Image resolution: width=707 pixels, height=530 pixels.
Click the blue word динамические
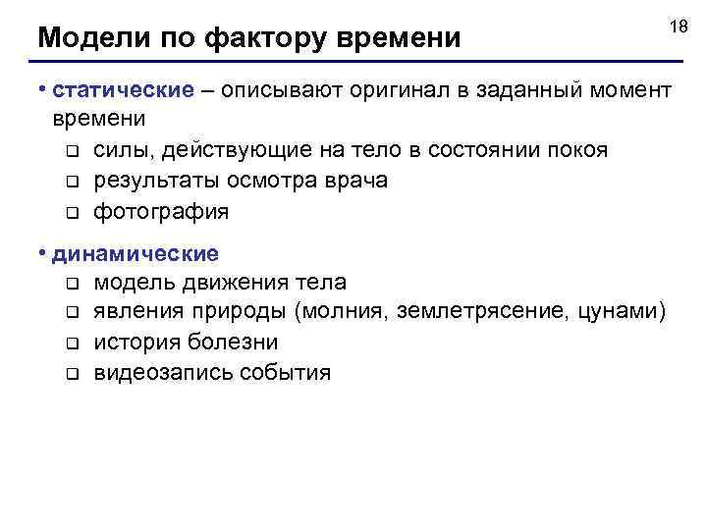click(136, 254)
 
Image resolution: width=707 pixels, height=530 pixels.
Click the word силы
click(124, 150)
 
